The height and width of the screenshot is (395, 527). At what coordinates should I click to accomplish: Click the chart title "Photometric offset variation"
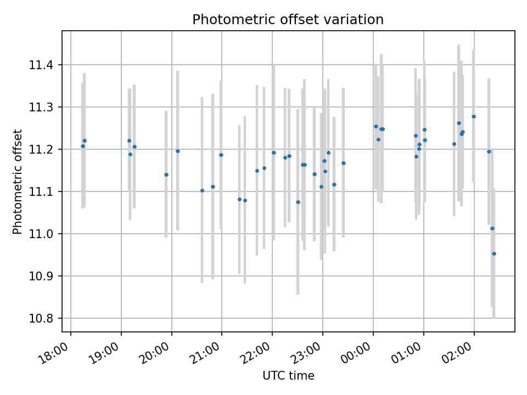click(x=288, y=20)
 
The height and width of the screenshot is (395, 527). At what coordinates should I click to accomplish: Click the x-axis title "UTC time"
click(x=288, y=376)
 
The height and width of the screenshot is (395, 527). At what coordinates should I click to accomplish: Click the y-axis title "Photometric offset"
click(x=18, y=182)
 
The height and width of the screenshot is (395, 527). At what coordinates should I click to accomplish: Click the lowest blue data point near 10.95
click(x=494, y=253)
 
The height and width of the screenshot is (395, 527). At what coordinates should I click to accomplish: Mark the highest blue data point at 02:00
click(x=474, y=116)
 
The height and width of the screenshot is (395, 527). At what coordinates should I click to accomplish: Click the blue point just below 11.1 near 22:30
click(x=298, y=202)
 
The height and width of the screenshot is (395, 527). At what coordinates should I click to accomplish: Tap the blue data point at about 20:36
click(x=202, y=190)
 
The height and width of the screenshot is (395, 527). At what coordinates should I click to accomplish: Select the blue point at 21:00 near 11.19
click(x=221, y=155)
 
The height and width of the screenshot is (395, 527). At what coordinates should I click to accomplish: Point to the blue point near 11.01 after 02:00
click(x=492, y=228)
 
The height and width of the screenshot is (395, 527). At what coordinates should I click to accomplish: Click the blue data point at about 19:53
click(x=166, y=174)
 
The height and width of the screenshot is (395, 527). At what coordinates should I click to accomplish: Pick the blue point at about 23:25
click(x=344, y=163)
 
